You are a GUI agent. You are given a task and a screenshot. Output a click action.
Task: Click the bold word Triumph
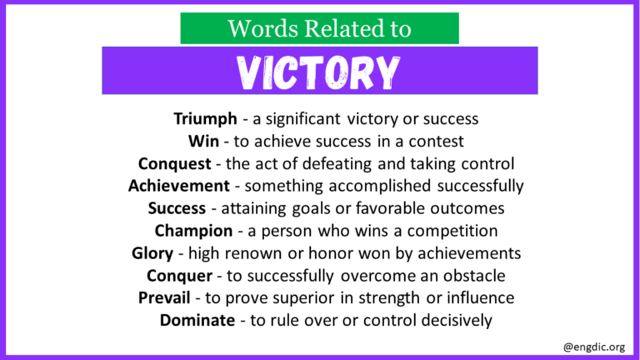(x=206, y=119)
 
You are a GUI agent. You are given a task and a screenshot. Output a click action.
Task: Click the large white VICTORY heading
(x=319, y=72)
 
